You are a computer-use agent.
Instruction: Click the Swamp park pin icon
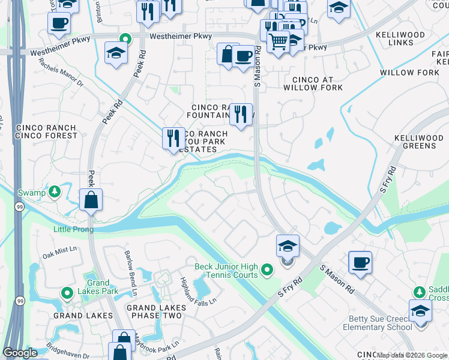(55, 192)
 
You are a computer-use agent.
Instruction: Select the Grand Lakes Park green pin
(67, 293)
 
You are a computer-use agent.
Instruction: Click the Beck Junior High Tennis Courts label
(226, 271)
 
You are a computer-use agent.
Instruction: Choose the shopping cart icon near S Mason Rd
(278, 43)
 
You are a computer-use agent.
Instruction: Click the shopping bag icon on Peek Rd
(91, 200)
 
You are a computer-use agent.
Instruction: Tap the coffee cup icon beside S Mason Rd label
(243, 57)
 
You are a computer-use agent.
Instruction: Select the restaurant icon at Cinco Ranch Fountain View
(241, 113)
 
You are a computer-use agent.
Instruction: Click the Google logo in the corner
(20, 353)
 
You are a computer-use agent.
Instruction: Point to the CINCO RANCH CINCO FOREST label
(47, 132)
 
